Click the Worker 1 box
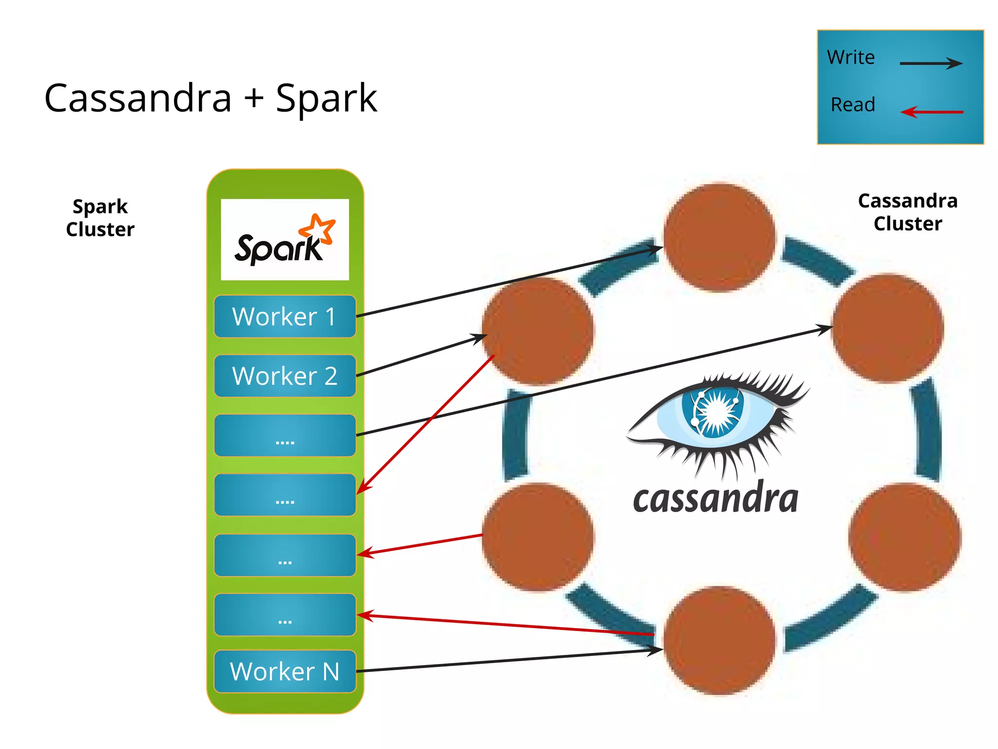click(285, 316)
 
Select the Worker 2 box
click(285, 376)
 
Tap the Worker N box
click(285, 671)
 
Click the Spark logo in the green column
click(285, 240)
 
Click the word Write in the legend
click(851, 58)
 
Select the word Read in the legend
click(853, 104)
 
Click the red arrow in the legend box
click(932, 112)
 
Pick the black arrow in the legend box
click(931, 63)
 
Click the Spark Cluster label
click(100, 218)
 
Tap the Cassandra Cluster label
click(907, 212)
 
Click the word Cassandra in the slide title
click(138, 98)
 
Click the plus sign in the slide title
click(254, 98)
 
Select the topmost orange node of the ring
click(719, 237)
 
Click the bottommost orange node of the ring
click(719, 640)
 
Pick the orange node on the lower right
click(904, 537)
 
